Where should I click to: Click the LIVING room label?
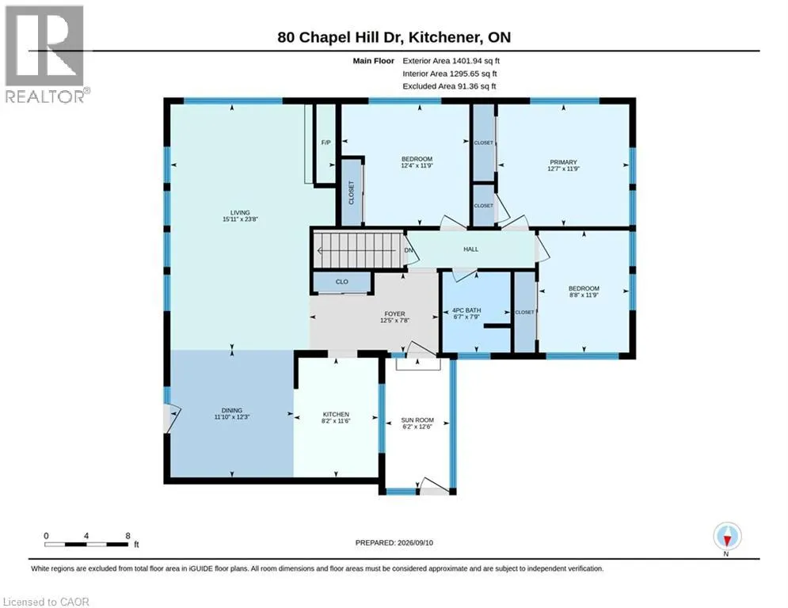pyautogui.click(x=240, y=212)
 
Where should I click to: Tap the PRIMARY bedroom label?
pyautogui.click(x=563, y=162)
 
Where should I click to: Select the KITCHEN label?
pyautogui.click(x=336, y=415)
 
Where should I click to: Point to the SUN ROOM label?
pyautogui.click(x=417, y=420)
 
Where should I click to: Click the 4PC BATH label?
pyautogui.click(x=466, y=310)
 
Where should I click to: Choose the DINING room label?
pyautogui.click(x=232, y=411)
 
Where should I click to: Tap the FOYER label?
pyautogui.click(x=395, y=314)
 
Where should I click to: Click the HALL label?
pyautogui.click(x=471, y=249)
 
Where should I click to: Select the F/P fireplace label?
pyautogui.click(x=326, y=142)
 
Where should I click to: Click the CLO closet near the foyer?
pyautogui.click(x=342, y=282)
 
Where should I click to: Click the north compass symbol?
pyautogui.click(x=727, y=537)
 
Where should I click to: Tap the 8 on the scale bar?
pyautogui.click(x=128, y=536)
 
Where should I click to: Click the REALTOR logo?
pyautogui.click(x=45, y=54)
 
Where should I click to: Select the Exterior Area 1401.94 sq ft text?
pyautogui.click(x=451, y=61)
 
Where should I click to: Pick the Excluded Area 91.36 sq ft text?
pyautogui.click(x=449, y=86)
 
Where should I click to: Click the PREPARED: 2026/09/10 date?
pyautogui.click(x=394, y=542)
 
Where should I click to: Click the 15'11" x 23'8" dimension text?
pyautogui.click(x=240, y=219)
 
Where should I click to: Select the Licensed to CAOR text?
pyautogui.click(x=46, y=602)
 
